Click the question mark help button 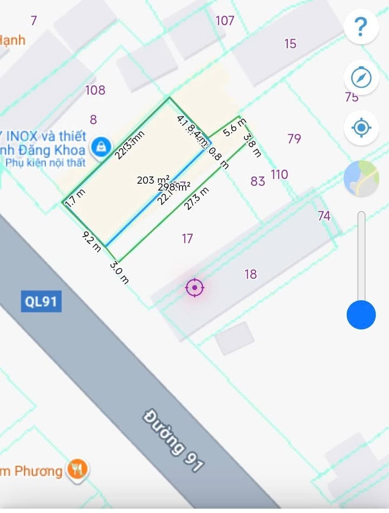[x=361, y=26]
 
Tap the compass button [x=361, y=78]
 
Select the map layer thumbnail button [x=361, y=178]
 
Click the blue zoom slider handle [x=361, y=314]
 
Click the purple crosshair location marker [x=194, y=288]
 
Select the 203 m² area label [x=153, y=180]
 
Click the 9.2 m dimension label [x=92, y=241]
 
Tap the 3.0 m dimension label [x=119, y=272]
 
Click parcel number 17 [x=187, y=238]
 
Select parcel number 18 [x=251, y=275]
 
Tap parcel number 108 [x=95, y=90]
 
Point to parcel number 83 [x=258, y=181]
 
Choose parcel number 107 [x=225, y=21]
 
